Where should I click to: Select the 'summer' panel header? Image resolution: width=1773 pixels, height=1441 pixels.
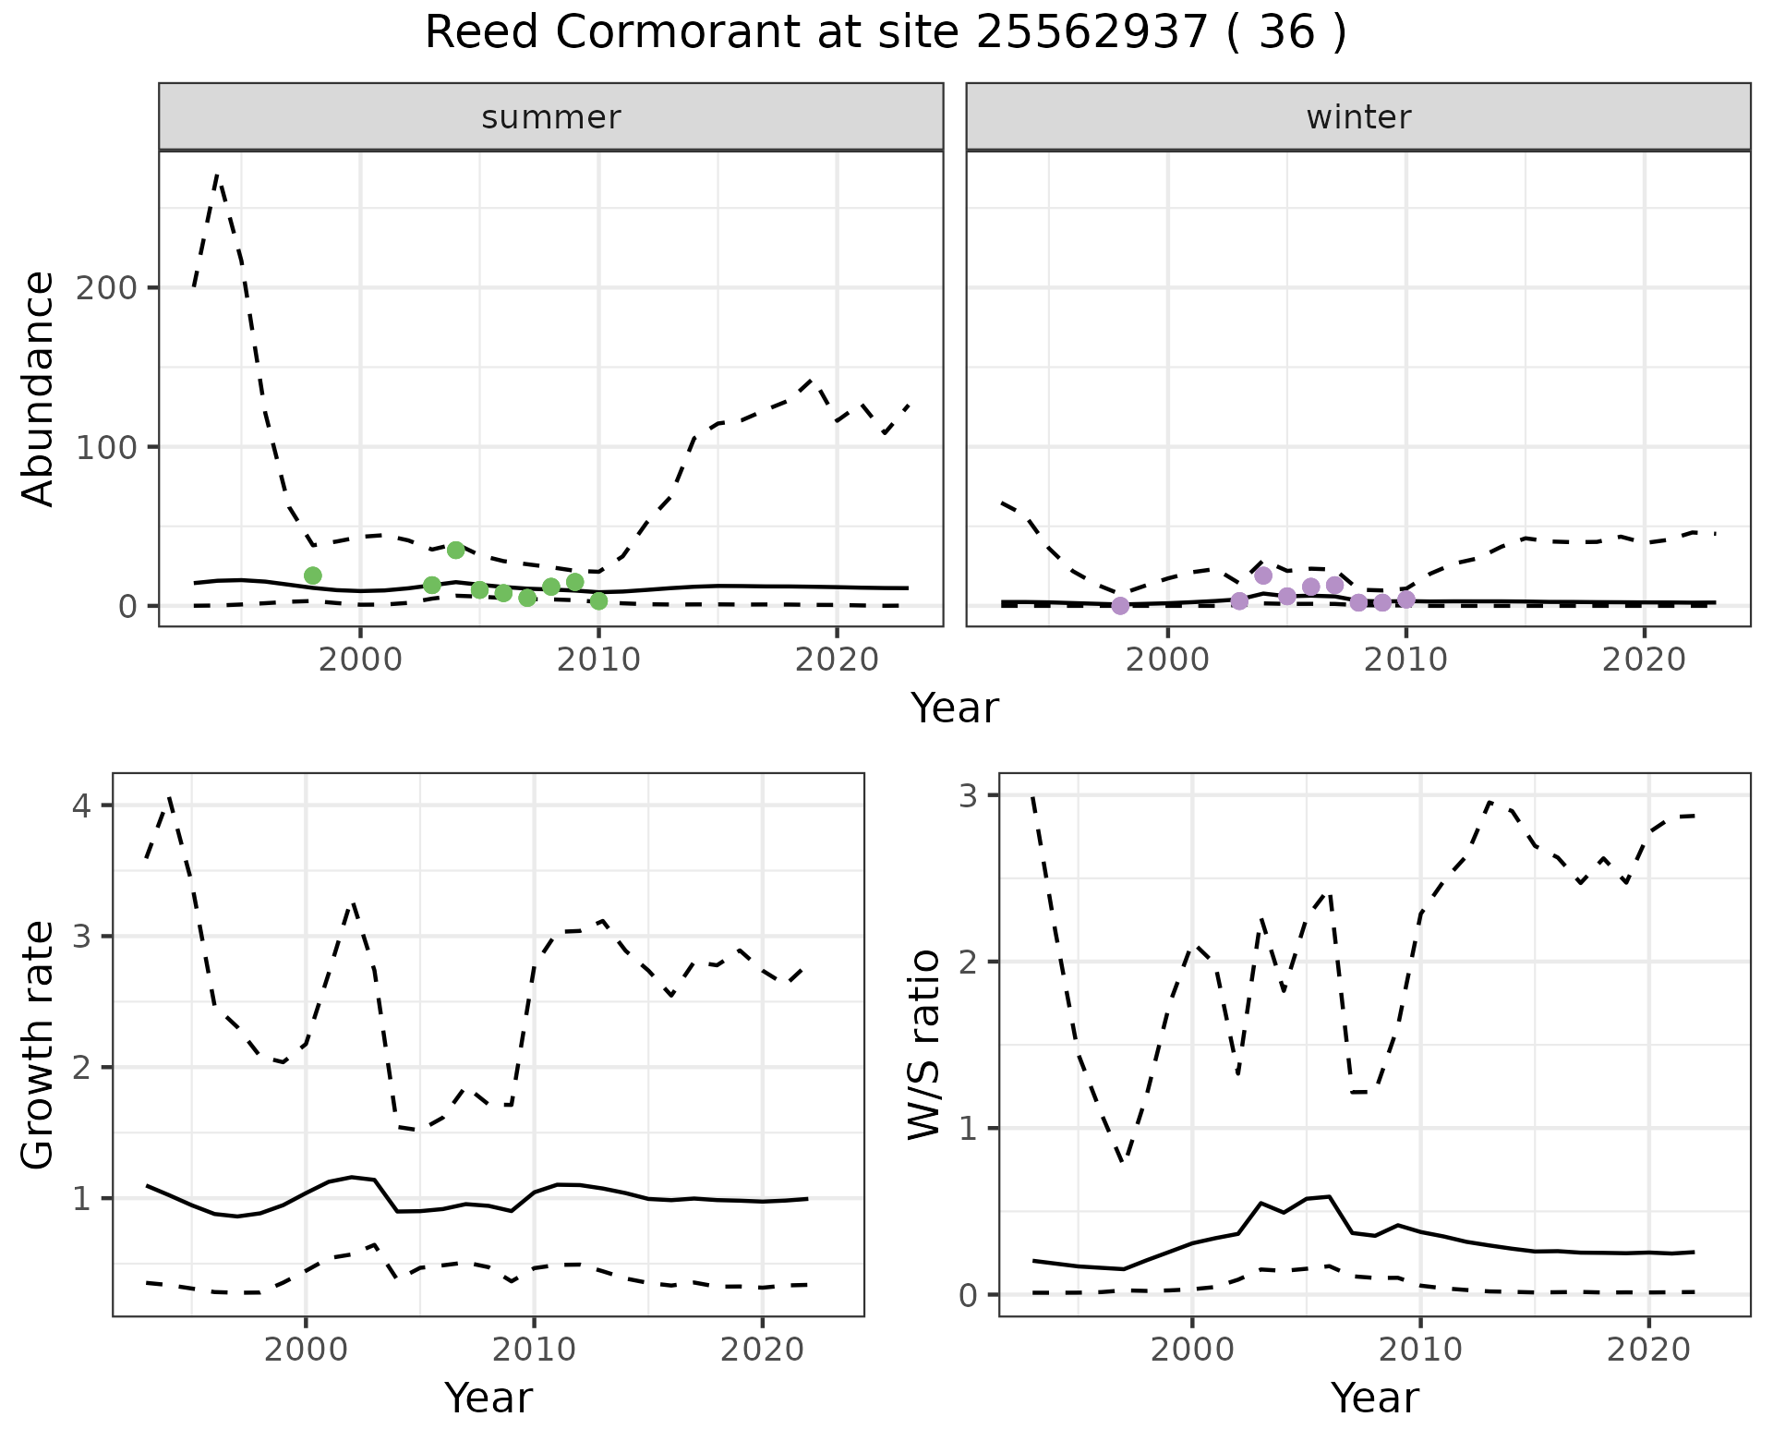click(551, 117)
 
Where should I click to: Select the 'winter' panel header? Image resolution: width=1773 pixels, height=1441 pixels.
click(1358, 117)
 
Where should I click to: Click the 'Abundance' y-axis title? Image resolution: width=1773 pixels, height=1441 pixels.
click(38, 389)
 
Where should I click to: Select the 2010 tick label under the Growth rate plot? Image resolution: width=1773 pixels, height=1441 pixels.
click(534, 1350)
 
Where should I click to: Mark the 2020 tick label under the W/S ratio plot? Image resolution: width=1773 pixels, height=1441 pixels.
click(1648, 1350)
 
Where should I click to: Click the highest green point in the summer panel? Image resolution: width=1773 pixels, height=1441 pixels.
click(455, 551)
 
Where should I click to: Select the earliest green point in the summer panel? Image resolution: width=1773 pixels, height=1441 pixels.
click(313, 575)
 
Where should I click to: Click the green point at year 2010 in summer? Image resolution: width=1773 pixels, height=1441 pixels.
click(598, 601)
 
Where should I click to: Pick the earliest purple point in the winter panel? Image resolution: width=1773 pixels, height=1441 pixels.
click(1120, 606)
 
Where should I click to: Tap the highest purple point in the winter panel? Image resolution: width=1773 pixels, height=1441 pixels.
click(1263, 575)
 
